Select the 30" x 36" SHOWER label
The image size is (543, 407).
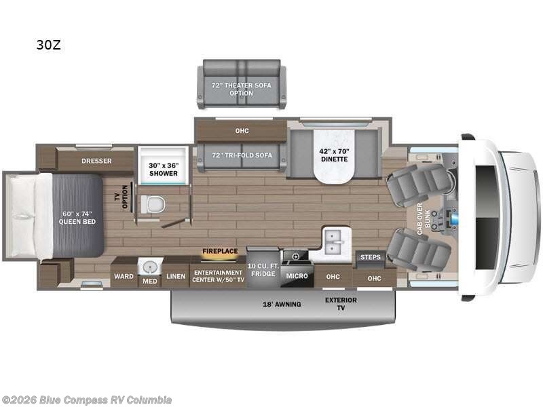(163, 168)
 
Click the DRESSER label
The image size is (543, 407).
(96, 161)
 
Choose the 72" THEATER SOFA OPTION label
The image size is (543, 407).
(242, 89)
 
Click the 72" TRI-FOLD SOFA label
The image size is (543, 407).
(242, 155)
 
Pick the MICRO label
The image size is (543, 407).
(296, 276)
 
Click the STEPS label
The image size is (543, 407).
(371, 257)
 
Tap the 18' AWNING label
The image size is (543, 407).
(282, 304)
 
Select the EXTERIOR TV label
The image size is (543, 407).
(341, 303)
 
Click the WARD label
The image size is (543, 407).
(124, 276)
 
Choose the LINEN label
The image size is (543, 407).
(176, 276)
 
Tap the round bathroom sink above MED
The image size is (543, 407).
(149, 267)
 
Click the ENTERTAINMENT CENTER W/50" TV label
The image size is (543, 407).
(218, 275)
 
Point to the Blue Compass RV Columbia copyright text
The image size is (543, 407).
(87, 400)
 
